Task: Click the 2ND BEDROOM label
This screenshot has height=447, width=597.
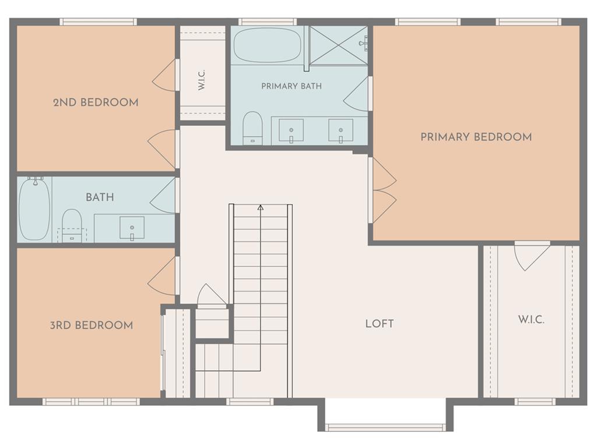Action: click(x=96, y=102)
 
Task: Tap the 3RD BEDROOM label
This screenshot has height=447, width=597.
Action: click(x=92, y=325)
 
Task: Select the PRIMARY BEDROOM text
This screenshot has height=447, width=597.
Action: click(x=476, y=137)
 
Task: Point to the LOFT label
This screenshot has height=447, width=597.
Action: click(x=380, y=324)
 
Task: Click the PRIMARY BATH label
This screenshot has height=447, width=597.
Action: click(x=292, y=86)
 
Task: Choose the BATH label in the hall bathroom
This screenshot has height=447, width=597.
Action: click(x=100, y=197)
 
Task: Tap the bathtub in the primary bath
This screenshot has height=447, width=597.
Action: click(x=267, y=46)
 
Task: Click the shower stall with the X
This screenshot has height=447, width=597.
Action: click(x=338, y=45)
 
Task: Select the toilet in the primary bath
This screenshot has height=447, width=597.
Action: click(x=253, y=127)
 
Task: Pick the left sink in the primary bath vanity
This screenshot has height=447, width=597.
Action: click(x=292, y=130)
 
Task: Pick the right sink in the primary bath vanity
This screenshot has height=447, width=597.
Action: click(x=340, y=130)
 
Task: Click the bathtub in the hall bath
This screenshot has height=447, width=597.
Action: click(x=34, y=209)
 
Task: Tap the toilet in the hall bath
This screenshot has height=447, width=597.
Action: click(x=72, y=225)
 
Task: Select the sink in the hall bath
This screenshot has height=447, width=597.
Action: click(x=132, y=228)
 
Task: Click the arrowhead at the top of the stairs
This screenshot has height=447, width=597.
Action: click(x=261, y=208)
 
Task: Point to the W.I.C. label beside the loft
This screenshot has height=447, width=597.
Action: click(x=531, y=320)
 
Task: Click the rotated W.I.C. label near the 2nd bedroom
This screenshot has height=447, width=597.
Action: click(x=202, y=80)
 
